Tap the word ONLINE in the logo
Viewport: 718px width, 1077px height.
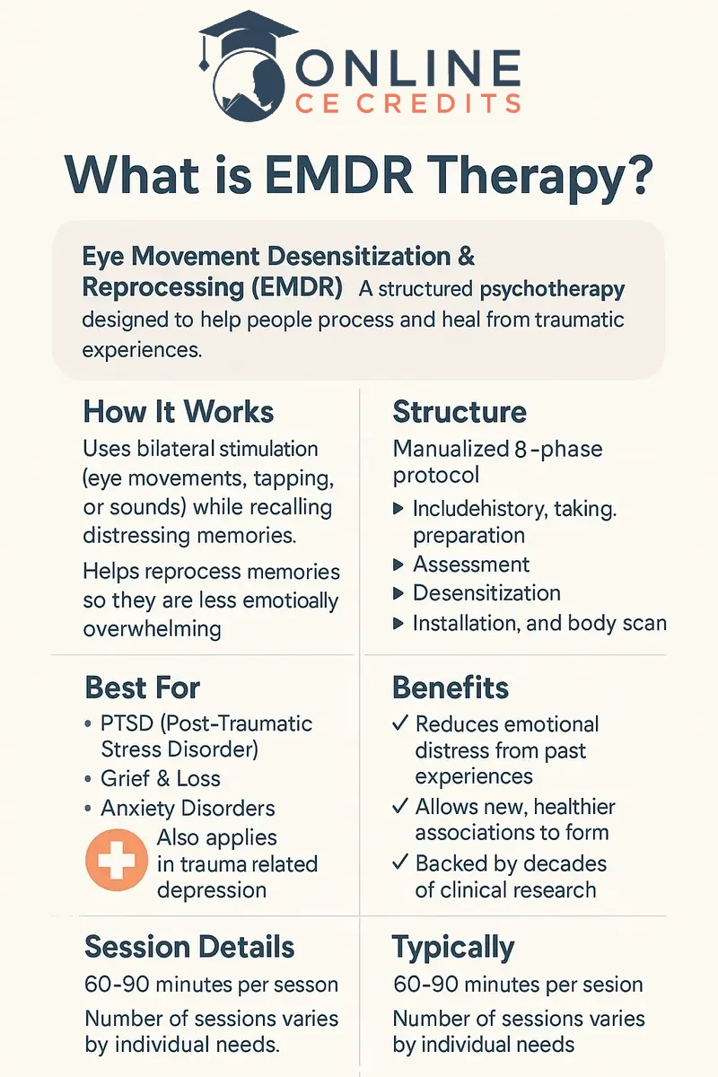coord(408,69)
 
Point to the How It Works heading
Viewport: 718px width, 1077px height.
coord(179,412)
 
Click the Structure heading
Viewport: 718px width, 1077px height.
coord(460,412)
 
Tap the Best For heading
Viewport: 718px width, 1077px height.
coord(142,687)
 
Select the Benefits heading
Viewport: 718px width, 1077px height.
coord(451,687)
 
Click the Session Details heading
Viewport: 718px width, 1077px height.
coord(189,947)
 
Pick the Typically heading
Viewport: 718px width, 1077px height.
coord(453,947)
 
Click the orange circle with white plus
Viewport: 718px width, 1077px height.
coord(116,860)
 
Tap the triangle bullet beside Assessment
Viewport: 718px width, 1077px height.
coord(399,565)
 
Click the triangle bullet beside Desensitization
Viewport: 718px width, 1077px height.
coord(399,593)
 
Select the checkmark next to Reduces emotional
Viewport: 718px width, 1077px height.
coord(401,723)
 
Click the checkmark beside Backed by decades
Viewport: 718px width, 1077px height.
coord(401,863)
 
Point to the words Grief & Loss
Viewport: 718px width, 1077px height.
coord(161,778)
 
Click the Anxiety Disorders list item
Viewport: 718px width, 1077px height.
coord(188,808)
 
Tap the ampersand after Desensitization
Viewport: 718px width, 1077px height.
coord(465,257)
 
